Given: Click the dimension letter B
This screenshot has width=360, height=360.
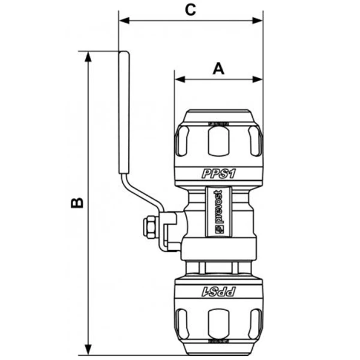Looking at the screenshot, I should (77, 203).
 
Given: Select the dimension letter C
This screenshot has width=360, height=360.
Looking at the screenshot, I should (190, 9).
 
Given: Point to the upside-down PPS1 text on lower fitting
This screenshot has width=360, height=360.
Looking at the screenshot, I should (218, 292).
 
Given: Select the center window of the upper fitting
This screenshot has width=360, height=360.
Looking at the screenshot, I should (218, 142).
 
